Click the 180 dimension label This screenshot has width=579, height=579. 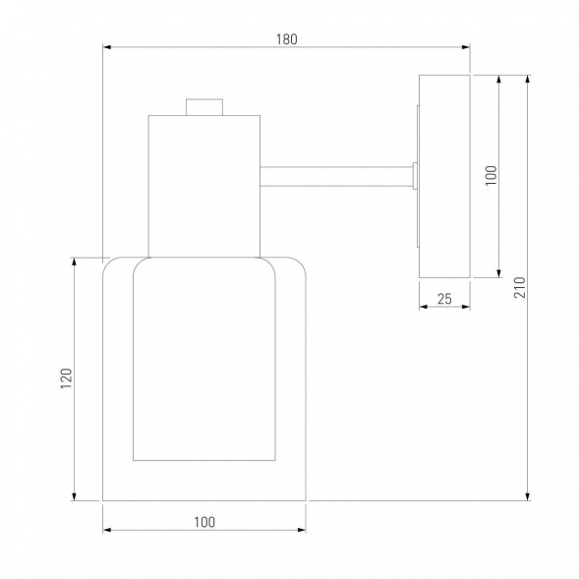coord(286,39)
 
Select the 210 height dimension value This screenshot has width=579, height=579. coord(519,287)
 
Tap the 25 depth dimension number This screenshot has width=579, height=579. coord(444,299)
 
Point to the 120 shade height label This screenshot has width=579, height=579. coord(66,378)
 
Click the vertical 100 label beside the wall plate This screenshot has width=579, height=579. coord(491,175)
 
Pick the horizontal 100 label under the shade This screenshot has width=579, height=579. coord(204,522)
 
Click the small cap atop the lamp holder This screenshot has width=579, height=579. coord(204,107)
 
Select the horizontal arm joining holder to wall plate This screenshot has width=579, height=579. coord(336,177)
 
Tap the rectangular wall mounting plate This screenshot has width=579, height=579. coord(444,176)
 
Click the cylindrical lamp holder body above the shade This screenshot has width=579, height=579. coord(204,186)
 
